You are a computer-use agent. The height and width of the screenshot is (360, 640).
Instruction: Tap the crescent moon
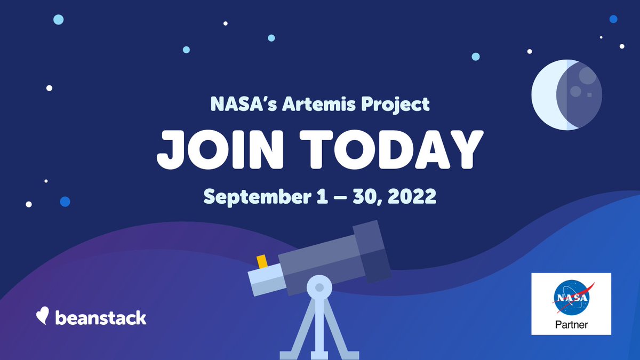point(567,94)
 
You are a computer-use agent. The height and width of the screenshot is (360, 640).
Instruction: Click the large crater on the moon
point(587,75)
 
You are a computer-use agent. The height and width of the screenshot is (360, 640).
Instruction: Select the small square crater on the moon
point(589,95)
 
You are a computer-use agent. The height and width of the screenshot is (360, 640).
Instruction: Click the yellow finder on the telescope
point(262,262)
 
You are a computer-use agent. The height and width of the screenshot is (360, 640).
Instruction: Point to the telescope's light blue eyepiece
point(265,279)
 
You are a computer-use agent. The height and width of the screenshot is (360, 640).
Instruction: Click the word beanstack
point(100,318)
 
